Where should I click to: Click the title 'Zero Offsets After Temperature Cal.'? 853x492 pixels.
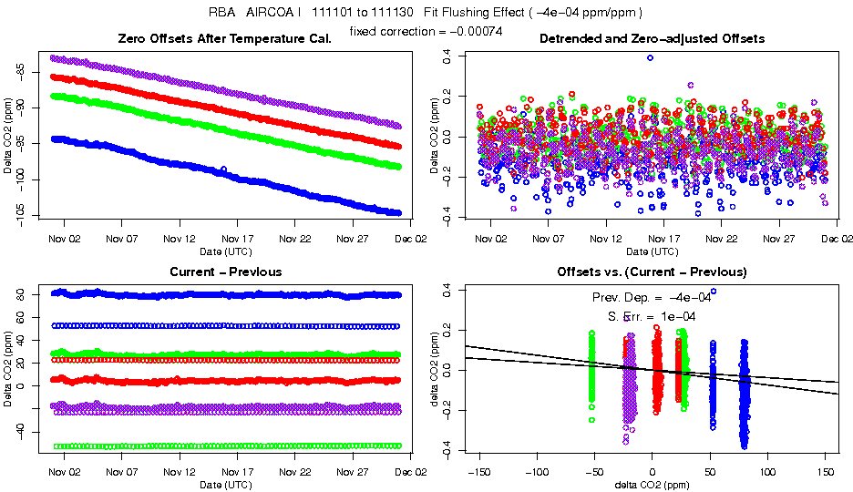tap(224, 38)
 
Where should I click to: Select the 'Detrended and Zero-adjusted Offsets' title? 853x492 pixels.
tap(652, 38)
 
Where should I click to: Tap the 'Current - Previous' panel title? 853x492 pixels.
tap(225, 272)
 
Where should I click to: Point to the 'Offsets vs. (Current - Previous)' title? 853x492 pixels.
tap(652, 272)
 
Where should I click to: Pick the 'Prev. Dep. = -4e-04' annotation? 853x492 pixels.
tap(652, 297)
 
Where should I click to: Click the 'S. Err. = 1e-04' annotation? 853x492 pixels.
tap(652, 316)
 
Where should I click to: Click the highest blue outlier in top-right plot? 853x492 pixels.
tap(650, 57)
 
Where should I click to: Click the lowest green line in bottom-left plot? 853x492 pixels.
tap(228, 446)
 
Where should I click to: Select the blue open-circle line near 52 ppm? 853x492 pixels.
tap(228, 325)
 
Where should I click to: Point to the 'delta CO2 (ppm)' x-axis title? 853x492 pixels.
tap(653, 484)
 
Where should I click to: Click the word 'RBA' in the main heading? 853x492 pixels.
tap(222, 13)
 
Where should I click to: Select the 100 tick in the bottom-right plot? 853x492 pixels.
tap(767, 473)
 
